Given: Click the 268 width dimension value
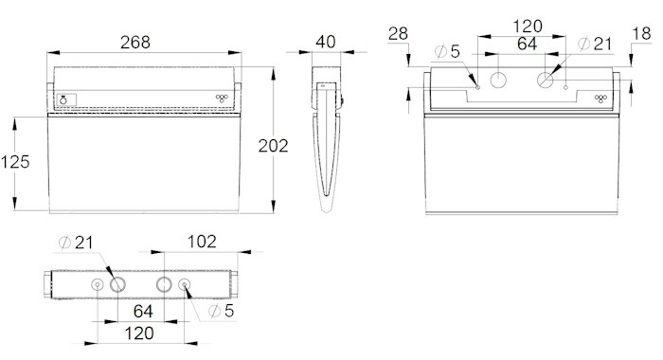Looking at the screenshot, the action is [x=135, y=43].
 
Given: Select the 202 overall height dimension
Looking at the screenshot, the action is [x=273, y=146].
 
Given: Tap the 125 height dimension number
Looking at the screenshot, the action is [x=15, y=162].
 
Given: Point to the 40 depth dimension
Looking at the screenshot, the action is [x=326, y=42].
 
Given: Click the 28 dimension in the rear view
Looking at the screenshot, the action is [x=398, y=34].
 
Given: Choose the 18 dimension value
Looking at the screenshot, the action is [x=642, y=34].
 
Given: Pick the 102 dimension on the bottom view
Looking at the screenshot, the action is [x=202, y=242].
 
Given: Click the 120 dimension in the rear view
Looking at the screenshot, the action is [x=528, y=27].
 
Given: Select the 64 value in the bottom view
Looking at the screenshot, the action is [x=143, y=312].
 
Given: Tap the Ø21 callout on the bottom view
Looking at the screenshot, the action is [x=76, y=243].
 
